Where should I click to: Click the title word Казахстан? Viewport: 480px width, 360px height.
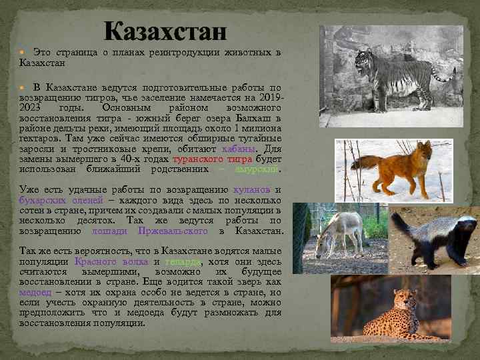click(165, 31)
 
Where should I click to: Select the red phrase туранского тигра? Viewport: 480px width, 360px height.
click(212, 159)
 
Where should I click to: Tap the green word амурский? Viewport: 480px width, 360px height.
click(256, 169)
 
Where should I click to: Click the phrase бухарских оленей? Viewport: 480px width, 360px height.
click(61, 200)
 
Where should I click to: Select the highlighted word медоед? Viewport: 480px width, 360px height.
click(35, 292)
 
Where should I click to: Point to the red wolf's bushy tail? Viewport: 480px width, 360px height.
click(364, 162)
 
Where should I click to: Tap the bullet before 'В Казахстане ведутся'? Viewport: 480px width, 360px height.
click(25, 87)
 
